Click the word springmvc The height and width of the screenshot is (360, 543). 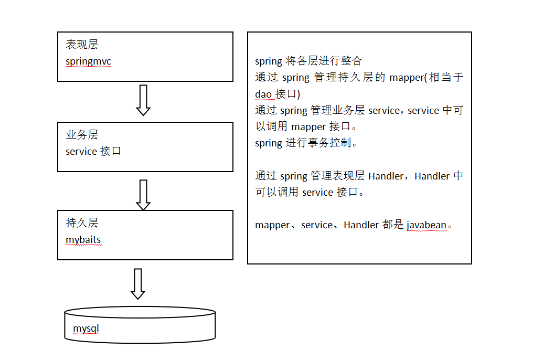point(88,61)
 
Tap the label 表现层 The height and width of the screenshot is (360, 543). point(81,45)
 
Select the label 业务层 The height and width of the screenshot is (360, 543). point(81,135)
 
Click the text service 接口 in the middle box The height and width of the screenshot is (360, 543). point(93,152)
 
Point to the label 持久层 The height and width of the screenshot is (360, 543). point(81,223)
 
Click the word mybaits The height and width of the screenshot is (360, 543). point(83,240)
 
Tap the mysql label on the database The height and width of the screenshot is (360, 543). point(86,329)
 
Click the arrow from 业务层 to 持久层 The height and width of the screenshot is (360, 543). point(143,194)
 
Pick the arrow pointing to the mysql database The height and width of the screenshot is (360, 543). point(138,284)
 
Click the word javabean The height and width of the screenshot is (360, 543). point(427,225)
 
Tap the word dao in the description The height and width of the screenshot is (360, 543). point(263,94)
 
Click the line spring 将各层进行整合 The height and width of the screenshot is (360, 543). point(308,61)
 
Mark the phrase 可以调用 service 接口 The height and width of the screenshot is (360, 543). point(310,193)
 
